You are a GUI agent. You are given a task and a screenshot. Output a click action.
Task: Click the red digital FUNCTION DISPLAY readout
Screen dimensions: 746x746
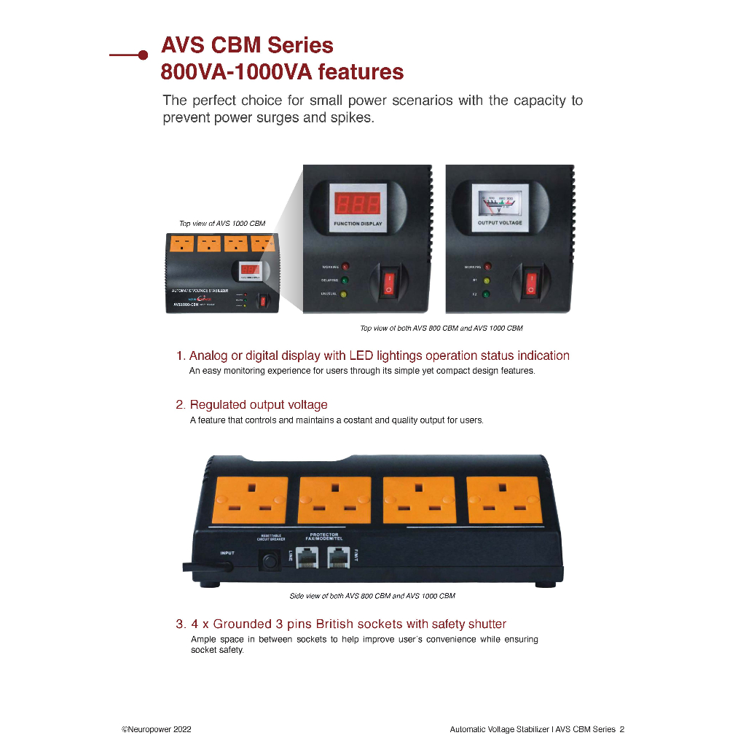(x=357, y=203)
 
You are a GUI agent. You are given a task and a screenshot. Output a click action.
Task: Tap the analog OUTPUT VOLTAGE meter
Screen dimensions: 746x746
(x=500, y=202)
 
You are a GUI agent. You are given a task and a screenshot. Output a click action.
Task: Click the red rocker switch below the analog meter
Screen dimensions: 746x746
(x=531, y=283)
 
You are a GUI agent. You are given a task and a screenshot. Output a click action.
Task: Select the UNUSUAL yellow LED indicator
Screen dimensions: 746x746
(x=345, y=294)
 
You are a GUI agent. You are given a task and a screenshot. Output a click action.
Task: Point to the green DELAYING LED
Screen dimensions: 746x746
(x=345, y=280)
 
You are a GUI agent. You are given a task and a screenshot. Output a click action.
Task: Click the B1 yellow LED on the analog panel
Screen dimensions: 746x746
(x=487, y=280)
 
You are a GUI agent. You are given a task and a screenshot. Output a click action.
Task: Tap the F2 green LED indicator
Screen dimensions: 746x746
(x=487, y=294)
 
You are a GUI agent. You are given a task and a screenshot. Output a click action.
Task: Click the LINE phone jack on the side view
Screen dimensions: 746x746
(x=307, y=558)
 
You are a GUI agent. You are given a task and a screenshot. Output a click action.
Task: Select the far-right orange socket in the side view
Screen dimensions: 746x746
(x=503, y=500)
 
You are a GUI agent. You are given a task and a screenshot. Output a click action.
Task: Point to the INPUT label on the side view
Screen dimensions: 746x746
(x=227, y=553)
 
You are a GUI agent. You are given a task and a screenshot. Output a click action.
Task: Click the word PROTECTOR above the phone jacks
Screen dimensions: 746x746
(x=324, y=535)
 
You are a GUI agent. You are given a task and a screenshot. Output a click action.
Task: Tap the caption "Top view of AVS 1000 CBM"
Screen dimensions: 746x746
(x=222, y=224)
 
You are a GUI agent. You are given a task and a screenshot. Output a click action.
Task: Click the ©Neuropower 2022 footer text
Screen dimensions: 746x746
(x=156, y=729)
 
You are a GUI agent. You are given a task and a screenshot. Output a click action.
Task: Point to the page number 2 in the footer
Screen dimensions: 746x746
(x=622, y=729)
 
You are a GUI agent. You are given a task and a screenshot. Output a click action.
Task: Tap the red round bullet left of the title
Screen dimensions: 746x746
(x=143, y=55)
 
